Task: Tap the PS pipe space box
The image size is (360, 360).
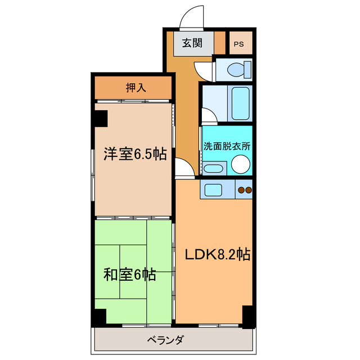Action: click(239, 44)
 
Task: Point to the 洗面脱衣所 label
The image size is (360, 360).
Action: click(227, 145)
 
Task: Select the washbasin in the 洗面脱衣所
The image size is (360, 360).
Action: click(213, 168)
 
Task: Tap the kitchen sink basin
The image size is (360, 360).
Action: click(214, 190)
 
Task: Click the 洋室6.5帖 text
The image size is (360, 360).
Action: click(134, 154)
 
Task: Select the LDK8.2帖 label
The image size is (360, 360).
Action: click(218, 254)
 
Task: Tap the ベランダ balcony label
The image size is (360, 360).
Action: click(166, 340)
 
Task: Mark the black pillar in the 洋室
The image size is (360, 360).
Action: click(101, 118)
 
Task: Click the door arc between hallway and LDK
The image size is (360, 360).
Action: click(184, 168)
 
